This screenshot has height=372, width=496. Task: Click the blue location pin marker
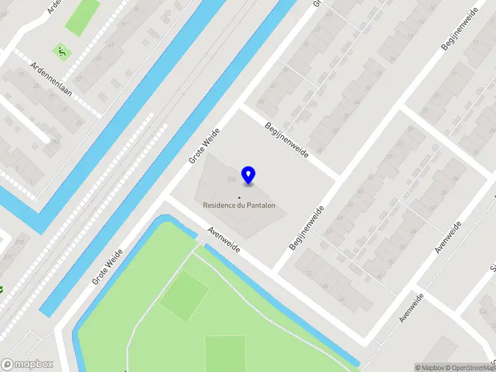249,175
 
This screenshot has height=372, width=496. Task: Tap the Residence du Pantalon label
239,205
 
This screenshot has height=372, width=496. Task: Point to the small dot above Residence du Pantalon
239,198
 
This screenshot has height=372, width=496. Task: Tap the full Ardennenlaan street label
51,79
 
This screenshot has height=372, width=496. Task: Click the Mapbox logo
27,365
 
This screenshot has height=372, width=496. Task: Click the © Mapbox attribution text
429,368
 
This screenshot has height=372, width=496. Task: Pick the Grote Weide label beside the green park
107,267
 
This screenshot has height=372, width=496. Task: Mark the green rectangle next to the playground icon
83,17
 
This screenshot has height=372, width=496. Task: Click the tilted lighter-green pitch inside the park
184,296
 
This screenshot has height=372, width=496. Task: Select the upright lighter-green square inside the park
225,353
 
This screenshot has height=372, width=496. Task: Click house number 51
124,24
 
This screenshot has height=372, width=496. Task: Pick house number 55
136,9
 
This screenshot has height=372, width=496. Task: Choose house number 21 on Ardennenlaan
51,96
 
